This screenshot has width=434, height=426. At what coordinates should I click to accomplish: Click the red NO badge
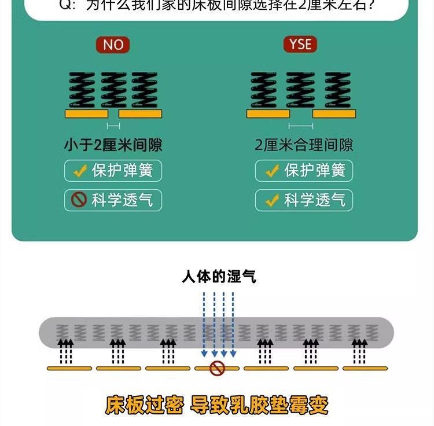click(x=113, y=45)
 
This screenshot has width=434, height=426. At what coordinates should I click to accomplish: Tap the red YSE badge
click(x=300, y=45)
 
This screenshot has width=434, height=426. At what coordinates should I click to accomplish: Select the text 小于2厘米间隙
click(x=113, y=145)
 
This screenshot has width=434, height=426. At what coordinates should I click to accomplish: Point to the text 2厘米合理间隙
click(x=304, y=145)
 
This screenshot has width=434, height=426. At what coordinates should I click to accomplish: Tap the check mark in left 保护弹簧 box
click(x=79, y=171)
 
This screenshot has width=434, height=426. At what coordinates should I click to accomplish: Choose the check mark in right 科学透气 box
click(x=271, y=200)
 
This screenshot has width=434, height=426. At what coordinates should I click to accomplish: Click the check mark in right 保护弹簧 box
click(x=271, y=171)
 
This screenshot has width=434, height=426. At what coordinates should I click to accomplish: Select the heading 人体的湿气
click(x=219, y=277)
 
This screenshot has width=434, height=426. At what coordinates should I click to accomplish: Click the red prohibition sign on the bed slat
click(x=217, y=368)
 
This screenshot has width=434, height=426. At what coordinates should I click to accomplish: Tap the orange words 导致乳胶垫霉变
click(x=259, y=405)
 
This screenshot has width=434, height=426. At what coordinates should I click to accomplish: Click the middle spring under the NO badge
click(x=113, y=90)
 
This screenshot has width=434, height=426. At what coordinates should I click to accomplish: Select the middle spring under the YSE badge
click(x=301, y=90)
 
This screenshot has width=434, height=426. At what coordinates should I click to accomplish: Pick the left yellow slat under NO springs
click(x=86, y=114)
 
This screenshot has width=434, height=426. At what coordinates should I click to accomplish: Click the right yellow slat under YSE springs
click(x=334, y=114)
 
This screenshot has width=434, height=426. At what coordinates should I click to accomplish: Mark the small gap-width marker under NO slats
click(x=113, y=126)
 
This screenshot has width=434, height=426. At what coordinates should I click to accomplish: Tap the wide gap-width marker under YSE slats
click(x=301, y=126)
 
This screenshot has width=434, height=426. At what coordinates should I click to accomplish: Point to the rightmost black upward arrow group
click(x=359, y=350)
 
